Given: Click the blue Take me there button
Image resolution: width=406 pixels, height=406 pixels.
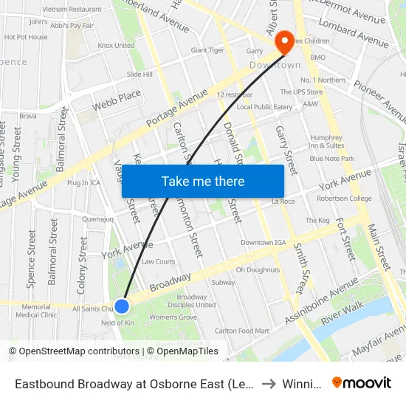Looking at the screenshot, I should [203, 181].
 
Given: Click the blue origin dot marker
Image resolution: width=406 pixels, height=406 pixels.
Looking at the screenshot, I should [122, 306].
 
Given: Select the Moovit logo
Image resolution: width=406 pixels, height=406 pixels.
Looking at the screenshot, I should [362, 383].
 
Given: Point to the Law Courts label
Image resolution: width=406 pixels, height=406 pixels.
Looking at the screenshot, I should [159, 261].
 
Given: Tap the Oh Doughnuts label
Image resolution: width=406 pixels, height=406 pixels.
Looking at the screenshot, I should [258, 270].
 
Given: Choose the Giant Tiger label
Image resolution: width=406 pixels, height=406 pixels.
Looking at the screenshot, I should [207, 50].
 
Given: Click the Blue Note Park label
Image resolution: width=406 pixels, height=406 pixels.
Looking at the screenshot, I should [332, 159].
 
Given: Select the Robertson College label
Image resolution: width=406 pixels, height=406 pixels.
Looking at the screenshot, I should [345, 199].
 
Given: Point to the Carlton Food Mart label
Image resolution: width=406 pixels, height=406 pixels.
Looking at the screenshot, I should [241, 331].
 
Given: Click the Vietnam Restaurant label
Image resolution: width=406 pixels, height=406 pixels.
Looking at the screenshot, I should [72, 10].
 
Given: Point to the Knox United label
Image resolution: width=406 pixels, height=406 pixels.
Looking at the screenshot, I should [116, 46].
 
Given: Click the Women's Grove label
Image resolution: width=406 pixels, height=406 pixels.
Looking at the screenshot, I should [173, 317].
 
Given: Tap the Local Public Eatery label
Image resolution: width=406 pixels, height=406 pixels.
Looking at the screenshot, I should [264, 107].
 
